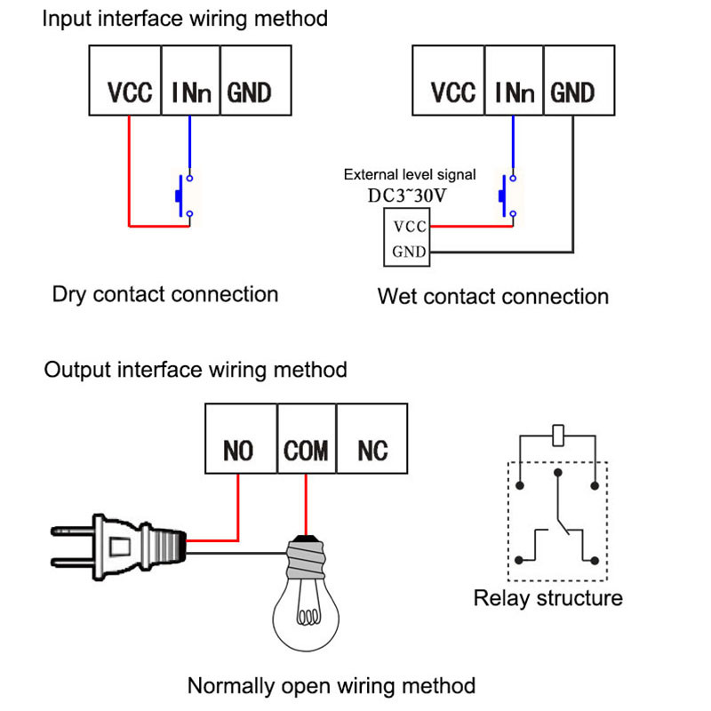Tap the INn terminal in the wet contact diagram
pyautogui.click(x=513, y=92)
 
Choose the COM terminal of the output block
pyautogui.click(x=306, y=450)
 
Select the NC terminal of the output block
pyautogui.click(x=372, y=450)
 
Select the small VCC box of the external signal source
pyautogui.click(x=409, y=227)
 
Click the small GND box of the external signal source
pyautogui.click(x=409, y=252)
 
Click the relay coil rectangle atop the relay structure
pyautogui.click(x=557, y=435)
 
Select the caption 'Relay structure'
pyautogui.click(x=547, y=598)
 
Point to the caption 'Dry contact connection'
pyautogui.click(x=165, y=294)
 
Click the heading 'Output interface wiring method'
pyautogui.click(x=196, y=369)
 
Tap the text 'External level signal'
pyautogui.click(x=410, y=174)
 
